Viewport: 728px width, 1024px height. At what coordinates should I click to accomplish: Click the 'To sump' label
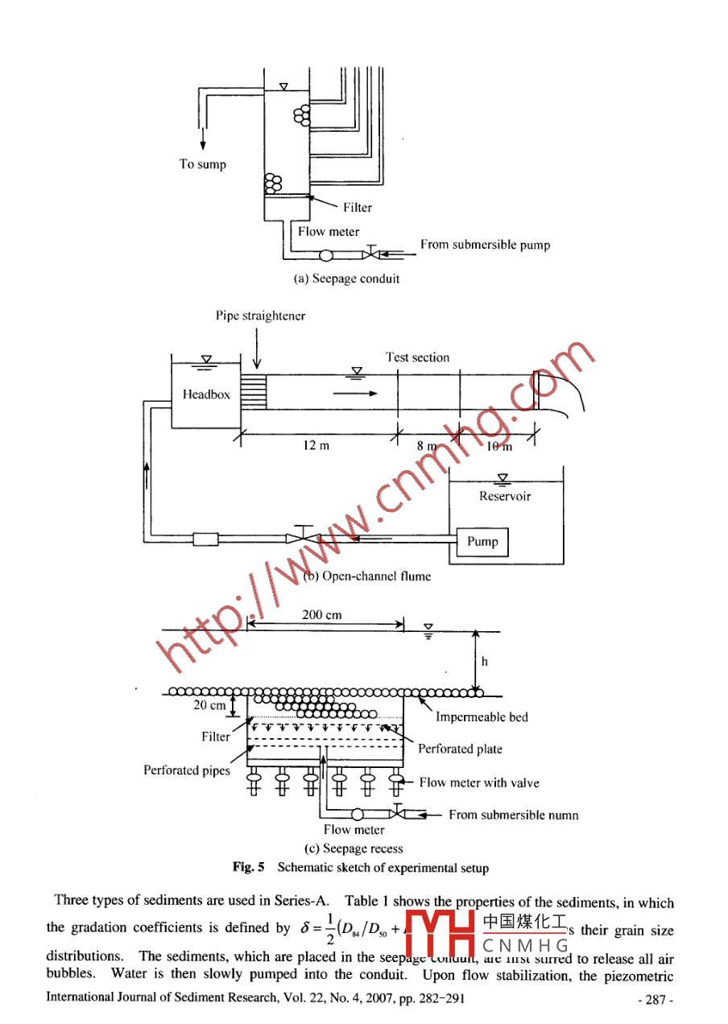202,164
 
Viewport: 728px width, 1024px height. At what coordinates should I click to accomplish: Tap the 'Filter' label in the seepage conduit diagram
358,208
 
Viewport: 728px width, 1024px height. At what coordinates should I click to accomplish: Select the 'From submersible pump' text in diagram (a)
485,245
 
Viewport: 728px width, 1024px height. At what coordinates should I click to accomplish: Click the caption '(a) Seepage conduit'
348,279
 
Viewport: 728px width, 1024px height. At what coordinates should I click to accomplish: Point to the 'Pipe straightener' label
260,316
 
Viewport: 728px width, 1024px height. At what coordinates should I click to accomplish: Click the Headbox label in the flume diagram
206,394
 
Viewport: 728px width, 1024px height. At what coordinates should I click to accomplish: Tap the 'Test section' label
417,357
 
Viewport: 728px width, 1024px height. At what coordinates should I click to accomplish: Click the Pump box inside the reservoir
482,541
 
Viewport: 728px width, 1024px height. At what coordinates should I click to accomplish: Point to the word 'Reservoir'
505,497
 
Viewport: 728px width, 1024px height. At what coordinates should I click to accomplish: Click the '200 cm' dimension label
321,615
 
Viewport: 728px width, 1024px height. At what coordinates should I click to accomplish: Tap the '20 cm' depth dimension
209,705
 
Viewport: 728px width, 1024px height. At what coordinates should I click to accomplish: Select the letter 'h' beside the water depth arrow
485,662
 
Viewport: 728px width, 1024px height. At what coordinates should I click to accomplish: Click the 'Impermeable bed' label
482,717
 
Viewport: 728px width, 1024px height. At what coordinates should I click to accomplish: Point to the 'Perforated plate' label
460,749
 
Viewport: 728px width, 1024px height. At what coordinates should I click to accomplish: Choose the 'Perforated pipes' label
187,770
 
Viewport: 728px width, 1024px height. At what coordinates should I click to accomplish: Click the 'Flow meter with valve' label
479,782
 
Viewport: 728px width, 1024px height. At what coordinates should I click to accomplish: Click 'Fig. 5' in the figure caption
249,868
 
